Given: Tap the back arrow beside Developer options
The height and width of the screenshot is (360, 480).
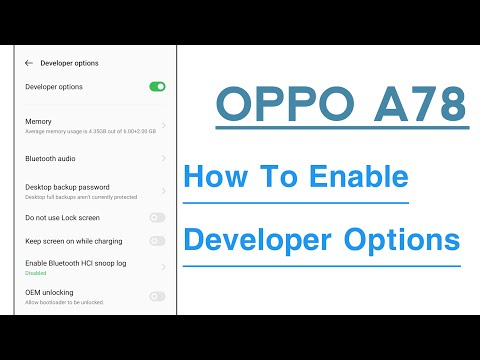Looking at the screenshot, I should [29, 63].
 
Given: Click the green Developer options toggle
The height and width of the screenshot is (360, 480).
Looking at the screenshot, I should [157, 87].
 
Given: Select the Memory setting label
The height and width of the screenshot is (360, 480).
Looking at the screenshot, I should [38, 121].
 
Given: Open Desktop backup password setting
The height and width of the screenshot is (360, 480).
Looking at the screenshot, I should [66, 187].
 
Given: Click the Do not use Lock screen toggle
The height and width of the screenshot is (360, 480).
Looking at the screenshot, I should [157, 217].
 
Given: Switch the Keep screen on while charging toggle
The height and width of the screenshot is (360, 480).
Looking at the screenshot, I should [157, 241].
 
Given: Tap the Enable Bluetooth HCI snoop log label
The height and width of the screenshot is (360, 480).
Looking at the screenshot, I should [75, 263].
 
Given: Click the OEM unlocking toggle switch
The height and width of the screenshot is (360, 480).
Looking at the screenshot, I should [157, 296].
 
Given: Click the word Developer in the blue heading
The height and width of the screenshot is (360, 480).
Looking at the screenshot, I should [256, 240].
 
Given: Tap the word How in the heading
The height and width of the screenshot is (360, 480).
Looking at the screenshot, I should [211, 179].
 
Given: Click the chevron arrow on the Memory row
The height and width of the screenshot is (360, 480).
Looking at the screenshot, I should [163, 125].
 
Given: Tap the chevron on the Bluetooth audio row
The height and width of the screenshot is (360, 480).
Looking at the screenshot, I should [163, 158].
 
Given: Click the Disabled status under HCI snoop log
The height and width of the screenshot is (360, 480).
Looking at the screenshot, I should [36, 272].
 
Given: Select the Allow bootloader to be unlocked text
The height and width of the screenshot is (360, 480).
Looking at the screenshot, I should [64, 301].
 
